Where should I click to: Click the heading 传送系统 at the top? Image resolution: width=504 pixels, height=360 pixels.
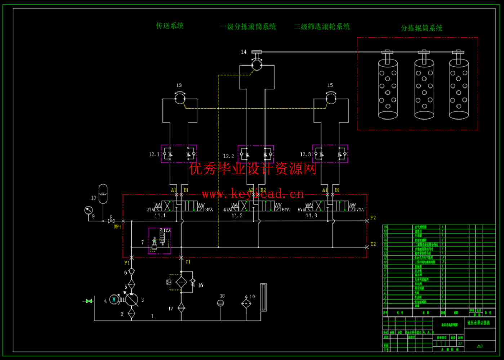170,26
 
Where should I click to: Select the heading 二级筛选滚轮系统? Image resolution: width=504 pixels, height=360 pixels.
322,27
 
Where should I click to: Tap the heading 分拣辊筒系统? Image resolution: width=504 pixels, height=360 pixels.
422,28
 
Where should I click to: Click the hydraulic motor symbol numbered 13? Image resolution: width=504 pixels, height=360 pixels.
180,98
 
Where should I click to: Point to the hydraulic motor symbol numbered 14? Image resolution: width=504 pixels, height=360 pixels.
257,65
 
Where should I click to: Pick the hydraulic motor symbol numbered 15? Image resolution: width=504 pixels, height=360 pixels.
331,98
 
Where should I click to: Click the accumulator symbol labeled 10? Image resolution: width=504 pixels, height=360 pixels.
103,194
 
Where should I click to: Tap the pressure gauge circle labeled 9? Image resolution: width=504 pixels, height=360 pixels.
88,210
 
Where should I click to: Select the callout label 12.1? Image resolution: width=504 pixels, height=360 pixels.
154,154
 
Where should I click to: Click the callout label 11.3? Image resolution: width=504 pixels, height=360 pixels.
311,216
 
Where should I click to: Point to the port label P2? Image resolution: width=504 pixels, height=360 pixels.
373,218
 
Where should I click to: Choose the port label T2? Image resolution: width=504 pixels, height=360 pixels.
373,244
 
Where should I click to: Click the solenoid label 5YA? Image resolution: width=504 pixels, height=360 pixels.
286,210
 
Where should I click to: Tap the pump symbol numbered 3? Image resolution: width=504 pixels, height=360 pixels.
132,300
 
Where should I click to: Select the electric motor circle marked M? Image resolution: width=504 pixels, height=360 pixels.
114,300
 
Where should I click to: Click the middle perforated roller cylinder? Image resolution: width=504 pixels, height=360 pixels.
424,89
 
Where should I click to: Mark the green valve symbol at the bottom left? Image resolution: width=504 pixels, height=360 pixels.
89,301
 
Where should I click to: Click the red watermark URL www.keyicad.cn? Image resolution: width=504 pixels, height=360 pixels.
253,194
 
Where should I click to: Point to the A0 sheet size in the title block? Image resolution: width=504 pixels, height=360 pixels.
480,346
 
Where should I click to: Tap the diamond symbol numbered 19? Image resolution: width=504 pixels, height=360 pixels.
246,303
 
